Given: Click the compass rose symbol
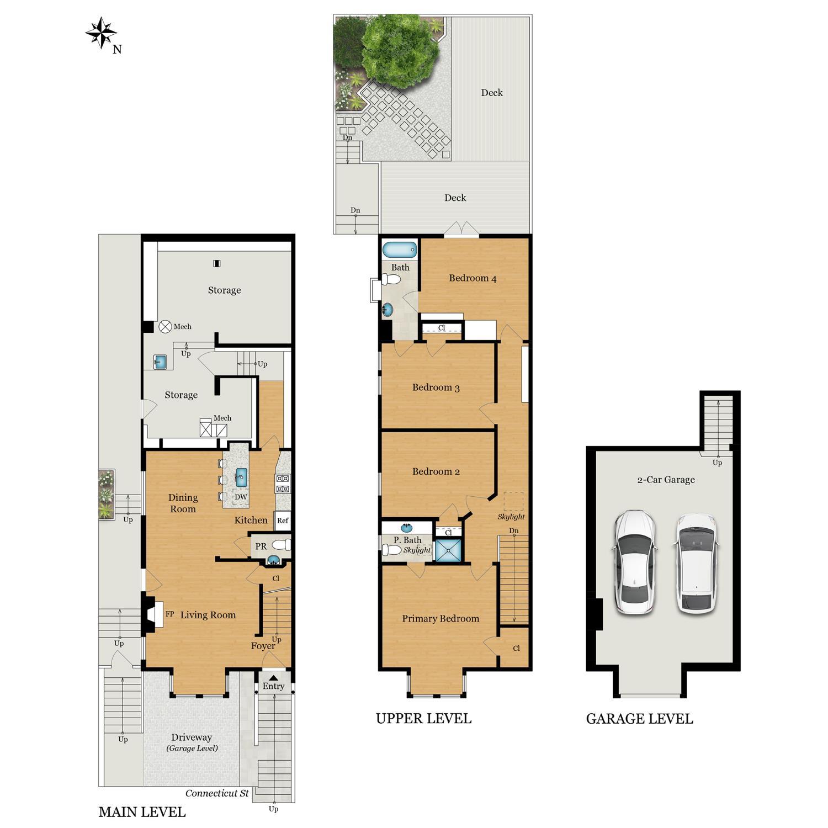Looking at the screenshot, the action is pyautogui.click(x=101, y=33).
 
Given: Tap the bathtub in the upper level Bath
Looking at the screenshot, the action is pyautogui.click(x=399, y=250).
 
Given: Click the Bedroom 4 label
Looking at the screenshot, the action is pyautogui.click(x=473, y=278).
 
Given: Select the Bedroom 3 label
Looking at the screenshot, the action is pyautogui.click(x=436, y=388).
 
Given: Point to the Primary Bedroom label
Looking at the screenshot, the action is pyautogui.click(x=440, y=619).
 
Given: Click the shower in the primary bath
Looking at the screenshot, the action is pyautogui.click(x=448, y=550).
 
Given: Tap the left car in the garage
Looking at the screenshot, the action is pyautogui.click(x=634, y=562).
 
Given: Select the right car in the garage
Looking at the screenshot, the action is pyautogui.click(x=696, y=562).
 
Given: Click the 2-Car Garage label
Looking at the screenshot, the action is pyautogui.click(x=666, y=480).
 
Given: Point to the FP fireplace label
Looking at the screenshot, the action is pyautogui.click(x=170, y=614).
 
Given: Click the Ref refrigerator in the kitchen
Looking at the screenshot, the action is pyautogui.click(x=283, y=521).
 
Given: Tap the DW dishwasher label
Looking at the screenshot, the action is pyautogui.click(x=241, y=497).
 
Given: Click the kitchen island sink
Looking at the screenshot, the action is pyautogui.click(x=241, y=475).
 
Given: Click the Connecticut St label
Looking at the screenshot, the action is pyautogui.click(x=217, y=793).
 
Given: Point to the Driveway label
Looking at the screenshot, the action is pyautogui.click(x=192, y=737).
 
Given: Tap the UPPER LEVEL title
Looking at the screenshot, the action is pyautogui.click(x=423, y=718).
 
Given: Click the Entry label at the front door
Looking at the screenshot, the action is pyautogui.click(x=273, y=686).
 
